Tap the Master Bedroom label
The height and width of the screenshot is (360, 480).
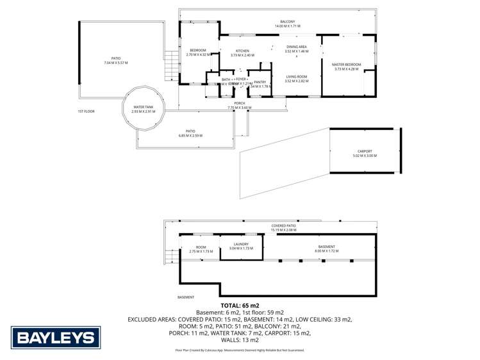pyautogui.click(x=346, y=65)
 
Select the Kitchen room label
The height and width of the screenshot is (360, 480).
pyautogui.click(x=242, y=51)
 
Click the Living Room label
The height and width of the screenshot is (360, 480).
pyautogui.click(x=297, y=77)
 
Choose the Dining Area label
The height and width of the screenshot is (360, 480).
pyautogui.click(x=297, y=46)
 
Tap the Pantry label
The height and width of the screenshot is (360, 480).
pyautogui.click(x=260, y=82)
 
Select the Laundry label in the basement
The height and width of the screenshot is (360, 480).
pyautogui.click(x=241, y=244)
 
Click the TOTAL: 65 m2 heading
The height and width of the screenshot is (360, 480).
pyautogui.click(x=240, y=306)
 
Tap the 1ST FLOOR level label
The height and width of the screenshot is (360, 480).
pyautogui.click(x=86, y=111)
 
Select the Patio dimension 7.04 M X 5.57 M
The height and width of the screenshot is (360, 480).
pyautogui.click(x=117, y=63)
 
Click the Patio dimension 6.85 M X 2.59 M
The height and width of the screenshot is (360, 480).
pyautogui.click(x=190, y=136)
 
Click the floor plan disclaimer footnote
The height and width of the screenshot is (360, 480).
pyautogui.click(x=240, y=350)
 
